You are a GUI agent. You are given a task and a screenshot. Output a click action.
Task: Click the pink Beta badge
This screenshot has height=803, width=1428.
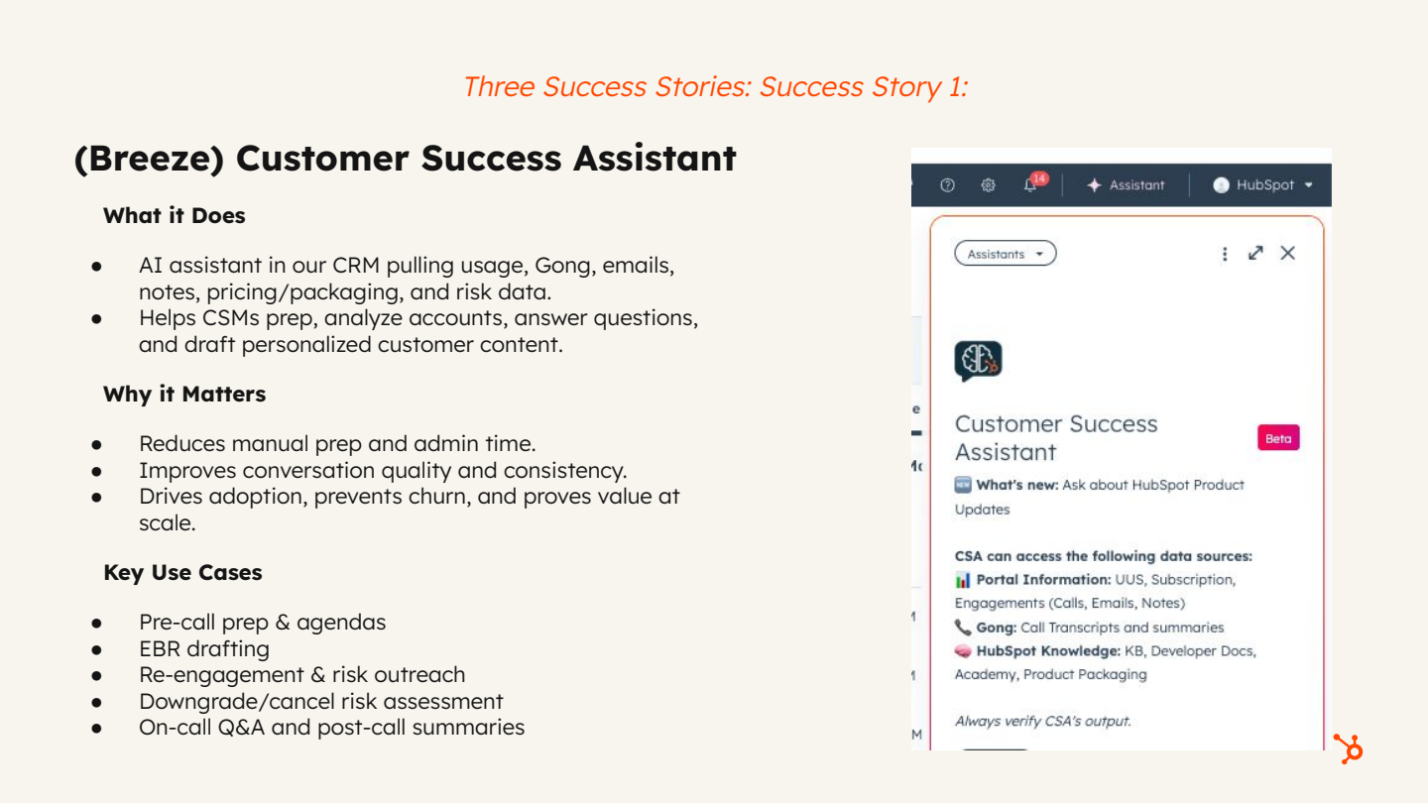(x=1278, y=438)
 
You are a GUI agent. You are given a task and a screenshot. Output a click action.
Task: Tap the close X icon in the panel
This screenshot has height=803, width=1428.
(x=1287, y=253)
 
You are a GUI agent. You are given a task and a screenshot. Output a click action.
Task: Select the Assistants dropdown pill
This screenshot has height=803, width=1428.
(x=1005, y=254)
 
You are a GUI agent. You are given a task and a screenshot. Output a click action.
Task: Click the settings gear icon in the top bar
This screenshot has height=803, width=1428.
(x=988, y=185)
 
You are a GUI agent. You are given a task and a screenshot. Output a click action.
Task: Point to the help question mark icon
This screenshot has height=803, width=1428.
(x=947, y=185)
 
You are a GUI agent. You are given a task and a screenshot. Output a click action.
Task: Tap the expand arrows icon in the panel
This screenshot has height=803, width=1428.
(x=1255, y=253)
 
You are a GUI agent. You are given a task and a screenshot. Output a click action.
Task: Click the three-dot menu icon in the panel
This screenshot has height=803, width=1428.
(x=1225, y=254)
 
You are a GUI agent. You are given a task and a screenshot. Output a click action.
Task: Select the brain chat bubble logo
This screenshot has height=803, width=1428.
(x=978, y=362)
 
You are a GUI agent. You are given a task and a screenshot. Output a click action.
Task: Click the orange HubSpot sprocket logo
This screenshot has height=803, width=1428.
(x=1348, y=748)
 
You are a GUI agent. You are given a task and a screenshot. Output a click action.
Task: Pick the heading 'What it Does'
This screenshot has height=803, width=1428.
(x=174, y=215)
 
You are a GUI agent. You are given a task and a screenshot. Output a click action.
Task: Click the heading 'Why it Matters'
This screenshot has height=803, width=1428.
(x=184, y=394)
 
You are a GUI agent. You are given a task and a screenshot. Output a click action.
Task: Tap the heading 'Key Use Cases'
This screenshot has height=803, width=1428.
(x=182, y=572)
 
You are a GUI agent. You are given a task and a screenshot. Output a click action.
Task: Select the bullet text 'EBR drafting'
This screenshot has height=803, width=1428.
(x=204, y=648)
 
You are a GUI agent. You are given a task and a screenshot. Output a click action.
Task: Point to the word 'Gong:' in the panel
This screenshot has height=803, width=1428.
(x=996, y=628)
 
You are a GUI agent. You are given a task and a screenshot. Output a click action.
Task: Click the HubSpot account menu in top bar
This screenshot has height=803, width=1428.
(x=1262, y=185)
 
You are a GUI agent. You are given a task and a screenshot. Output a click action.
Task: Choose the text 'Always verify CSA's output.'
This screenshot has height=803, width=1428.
(x=1042, y=721)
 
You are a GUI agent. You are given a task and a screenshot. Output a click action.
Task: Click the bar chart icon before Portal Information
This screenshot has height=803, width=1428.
(x=963, y=580)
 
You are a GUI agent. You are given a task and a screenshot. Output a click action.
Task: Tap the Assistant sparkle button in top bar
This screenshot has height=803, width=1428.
(x=1126, y=185)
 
